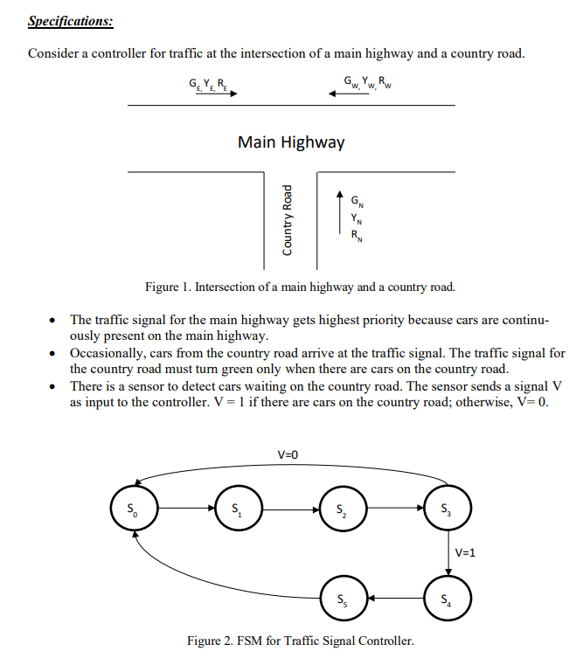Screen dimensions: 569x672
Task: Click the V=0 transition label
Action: coord(288,454)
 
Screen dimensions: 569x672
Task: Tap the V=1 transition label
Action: coord(465,553)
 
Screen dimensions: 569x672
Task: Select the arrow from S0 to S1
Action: coord(186,509)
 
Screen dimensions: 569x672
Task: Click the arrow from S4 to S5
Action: coord(395,598)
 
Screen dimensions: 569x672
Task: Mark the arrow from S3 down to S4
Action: coord(448,553)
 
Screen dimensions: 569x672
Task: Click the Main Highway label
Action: coord(291,142)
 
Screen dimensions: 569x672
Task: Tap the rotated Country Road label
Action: coord(287,220)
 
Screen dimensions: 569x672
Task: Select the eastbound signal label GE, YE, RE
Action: coord(208,84)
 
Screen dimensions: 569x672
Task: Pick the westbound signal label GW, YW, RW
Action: coord(367,82)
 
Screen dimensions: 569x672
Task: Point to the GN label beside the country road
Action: coord(357,201)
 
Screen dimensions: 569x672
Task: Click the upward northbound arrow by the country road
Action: coord(340,212)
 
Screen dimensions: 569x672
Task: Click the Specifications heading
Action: coord(71,21)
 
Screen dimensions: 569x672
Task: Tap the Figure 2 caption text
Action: coord(301,641)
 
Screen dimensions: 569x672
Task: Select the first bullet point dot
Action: coord(52,320)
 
